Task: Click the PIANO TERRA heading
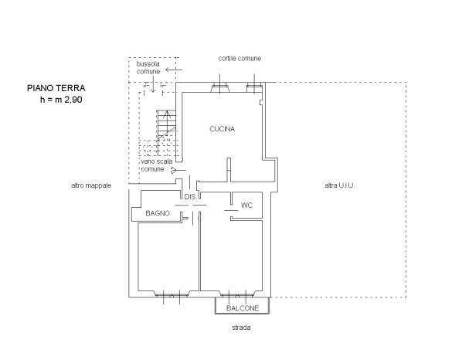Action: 56,88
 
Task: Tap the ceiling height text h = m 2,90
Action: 61,100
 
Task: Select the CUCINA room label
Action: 223,129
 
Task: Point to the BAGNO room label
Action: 158,213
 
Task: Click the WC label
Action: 247,205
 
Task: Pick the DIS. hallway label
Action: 190,197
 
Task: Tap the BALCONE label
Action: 243,308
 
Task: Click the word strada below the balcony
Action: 241,328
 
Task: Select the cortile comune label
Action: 239,59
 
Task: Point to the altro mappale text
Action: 91,185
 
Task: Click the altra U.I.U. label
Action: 339,185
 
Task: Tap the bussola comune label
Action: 148,67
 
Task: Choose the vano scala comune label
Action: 157,165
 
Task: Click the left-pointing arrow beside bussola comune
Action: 174,70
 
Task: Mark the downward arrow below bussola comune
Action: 153,84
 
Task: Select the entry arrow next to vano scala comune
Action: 178,170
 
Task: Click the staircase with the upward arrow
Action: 166,133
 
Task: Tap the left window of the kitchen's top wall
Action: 219,87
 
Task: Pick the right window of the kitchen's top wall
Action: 254,87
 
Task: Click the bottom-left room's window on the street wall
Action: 172,294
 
